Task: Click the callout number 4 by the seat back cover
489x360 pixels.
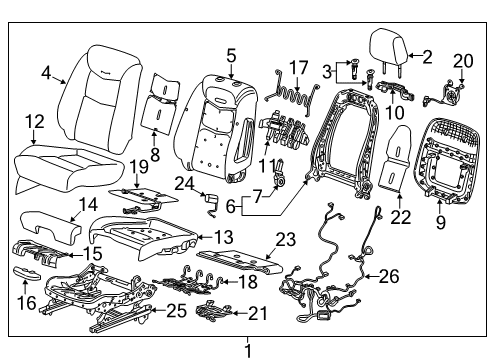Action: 46,71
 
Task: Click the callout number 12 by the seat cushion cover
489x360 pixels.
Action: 34,122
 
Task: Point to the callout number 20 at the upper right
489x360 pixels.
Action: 461,60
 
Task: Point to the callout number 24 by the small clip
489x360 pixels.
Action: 184,183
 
